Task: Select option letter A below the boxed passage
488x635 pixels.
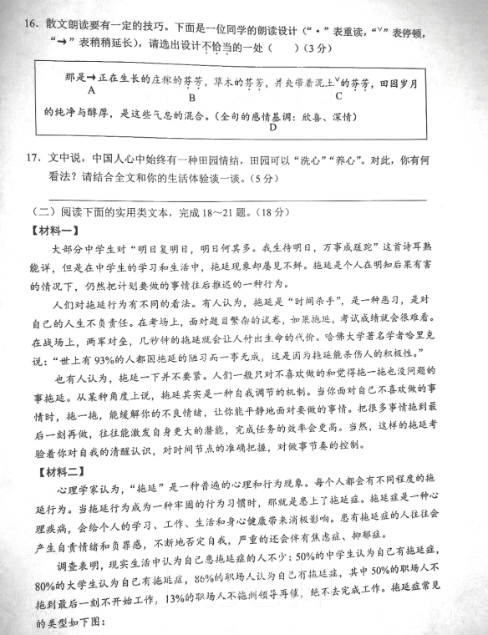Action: (x=89, y=98)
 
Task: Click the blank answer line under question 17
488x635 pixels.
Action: (x=251, y=199)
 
